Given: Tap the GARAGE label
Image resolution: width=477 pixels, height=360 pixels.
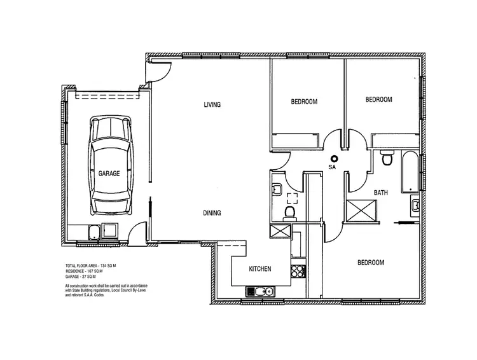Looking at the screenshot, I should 109,173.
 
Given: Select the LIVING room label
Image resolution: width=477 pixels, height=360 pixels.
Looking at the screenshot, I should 212,105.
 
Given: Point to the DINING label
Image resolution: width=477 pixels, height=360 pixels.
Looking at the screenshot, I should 212,213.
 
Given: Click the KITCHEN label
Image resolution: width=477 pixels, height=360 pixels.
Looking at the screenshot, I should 259,269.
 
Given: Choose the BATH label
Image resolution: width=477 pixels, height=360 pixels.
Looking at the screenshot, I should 381,192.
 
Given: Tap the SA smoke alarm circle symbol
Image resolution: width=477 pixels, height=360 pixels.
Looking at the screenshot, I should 333,159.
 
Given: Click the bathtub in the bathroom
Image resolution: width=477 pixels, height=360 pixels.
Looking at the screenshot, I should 410,170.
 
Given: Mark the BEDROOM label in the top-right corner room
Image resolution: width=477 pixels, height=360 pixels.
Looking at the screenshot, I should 378,100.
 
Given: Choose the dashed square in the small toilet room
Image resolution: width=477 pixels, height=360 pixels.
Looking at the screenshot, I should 292,197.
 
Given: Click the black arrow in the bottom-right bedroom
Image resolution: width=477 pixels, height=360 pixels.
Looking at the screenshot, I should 402,223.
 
